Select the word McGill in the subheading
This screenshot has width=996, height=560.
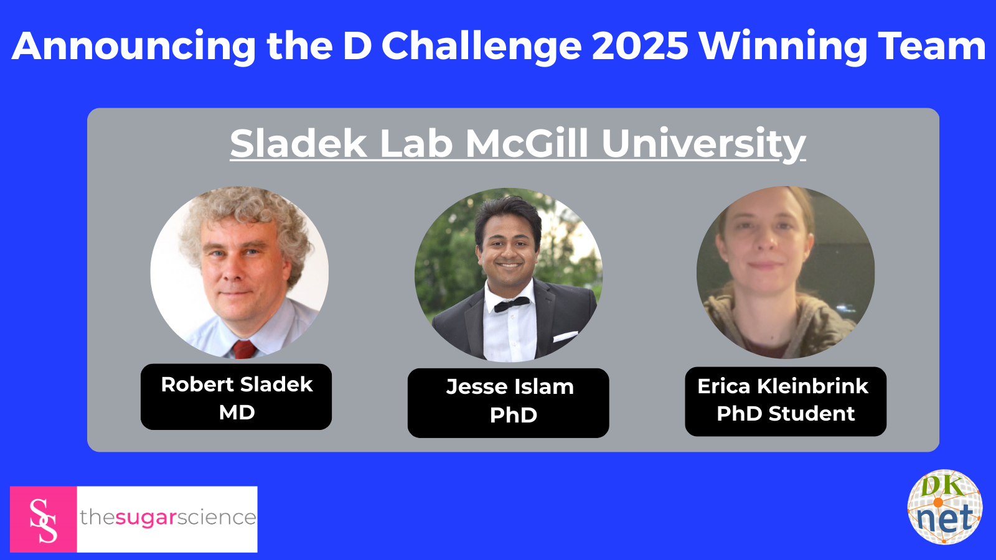527,143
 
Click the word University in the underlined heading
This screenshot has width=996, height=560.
703,144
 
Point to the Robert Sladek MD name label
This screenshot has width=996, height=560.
236,397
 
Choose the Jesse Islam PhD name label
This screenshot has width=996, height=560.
508,403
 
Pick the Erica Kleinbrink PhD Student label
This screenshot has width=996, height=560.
786,401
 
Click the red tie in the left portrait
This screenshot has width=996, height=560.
243,349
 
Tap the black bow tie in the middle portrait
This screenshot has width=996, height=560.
512,304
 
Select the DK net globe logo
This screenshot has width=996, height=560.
945,507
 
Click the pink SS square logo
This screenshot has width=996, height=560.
43,519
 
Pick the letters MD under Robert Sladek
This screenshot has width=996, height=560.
237,413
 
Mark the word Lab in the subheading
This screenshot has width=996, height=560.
416,143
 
